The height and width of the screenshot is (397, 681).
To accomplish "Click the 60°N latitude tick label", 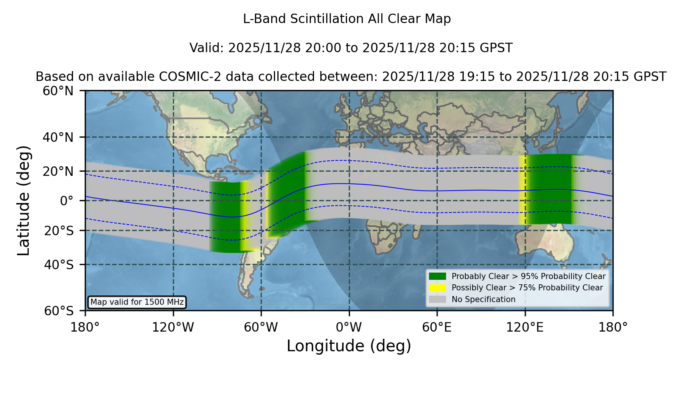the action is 58,91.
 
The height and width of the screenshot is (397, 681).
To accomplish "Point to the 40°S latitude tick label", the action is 59,265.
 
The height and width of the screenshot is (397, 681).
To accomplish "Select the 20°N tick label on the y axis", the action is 58,171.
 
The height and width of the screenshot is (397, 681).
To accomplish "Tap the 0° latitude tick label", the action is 67,201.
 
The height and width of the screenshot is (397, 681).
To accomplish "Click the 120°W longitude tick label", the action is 173,327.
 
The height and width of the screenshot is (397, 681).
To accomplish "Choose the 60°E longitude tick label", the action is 437,327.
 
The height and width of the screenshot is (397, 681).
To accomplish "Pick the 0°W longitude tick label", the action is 349,327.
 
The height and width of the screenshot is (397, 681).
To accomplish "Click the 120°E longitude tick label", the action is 525,327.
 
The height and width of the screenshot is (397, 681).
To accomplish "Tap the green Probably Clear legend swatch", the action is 438,276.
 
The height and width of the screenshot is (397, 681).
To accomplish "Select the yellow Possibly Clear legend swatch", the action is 438,288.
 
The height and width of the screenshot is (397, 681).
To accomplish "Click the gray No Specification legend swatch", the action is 438,299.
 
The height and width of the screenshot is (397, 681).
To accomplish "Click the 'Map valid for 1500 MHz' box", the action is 137,302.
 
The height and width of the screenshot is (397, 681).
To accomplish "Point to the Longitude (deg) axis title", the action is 349,346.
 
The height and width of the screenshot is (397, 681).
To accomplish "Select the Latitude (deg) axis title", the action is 24,201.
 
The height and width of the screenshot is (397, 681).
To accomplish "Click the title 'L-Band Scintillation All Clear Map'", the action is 347,19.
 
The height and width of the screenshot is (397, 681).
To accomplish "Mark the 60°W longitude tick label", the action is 261,327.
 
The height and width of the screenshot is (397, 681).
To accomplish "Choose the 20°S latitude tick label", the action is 59,231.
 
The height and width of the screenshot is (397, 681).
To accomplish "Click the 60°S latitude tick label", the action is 59,311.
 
